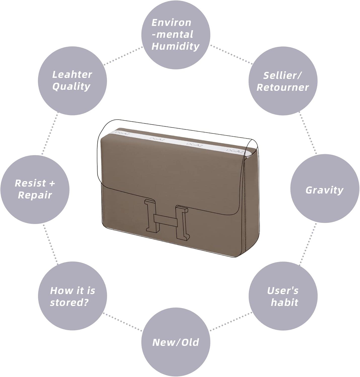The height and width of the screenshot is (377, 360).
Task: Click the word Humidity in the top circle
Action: tap(176, 46)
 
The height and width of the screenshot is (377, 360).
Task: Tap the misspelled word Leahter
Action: tap(72, 74)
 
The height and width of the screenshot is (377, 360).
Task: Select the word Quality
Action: tap(71, 87)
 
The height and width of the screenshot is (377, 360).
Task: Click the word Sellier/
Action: tap(282, 75)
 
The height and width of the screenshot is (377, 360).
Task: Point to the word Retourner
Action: tap(283, 87)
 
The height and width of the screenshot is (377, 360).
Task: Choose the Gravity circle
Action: tap(325, 189)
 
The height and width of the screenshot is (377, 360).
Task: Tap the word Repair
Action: tap(35, 195)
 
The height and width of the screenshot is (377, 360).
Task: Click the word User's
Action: tap(283, 291)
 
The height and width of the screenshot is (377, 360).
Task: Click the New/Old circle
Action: tap(176, 342)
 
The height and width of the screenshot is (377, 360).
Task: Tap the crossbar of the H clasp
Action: tap(166, 220)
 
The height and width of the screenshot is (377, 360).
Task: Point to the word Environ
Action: tap(171, 23)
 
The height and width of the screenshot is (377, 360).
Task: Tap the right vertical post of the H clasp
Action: tap(182, 223)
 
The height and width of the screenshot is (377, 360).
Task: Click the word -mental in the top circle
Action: tap(172, 35)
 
